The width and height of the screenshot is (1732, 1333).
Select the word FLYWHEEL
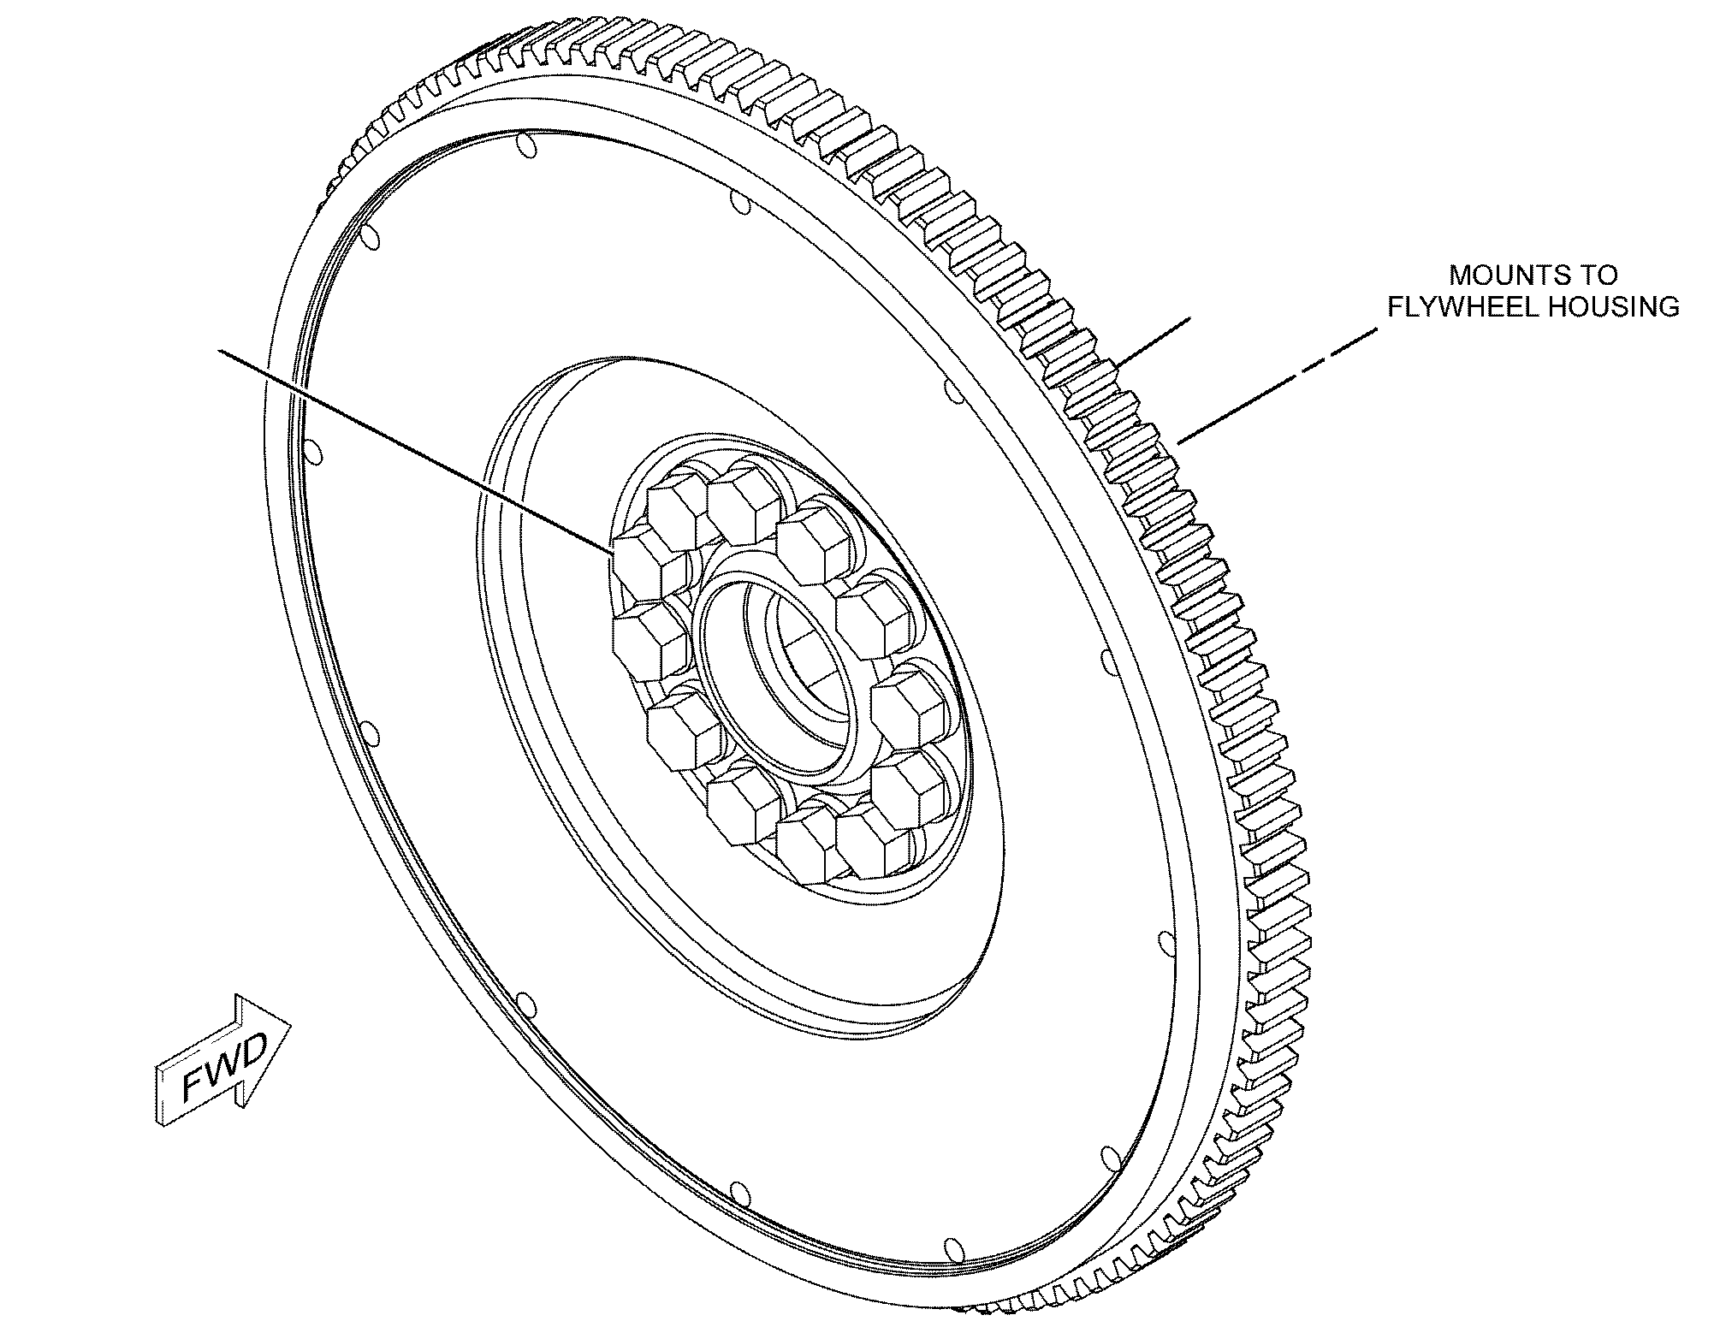pos(1455,306)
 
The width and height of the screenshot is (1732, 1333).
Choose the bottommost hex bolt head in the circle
pos(813,847)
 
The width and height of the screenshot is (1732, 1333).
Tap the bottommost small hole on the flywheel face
pos(952,1251)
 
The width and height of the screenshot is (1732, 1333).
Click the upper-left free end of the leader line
pos(222,350)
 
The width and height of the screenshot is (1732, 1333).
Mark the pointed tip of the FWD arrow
pos(292,1023)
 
